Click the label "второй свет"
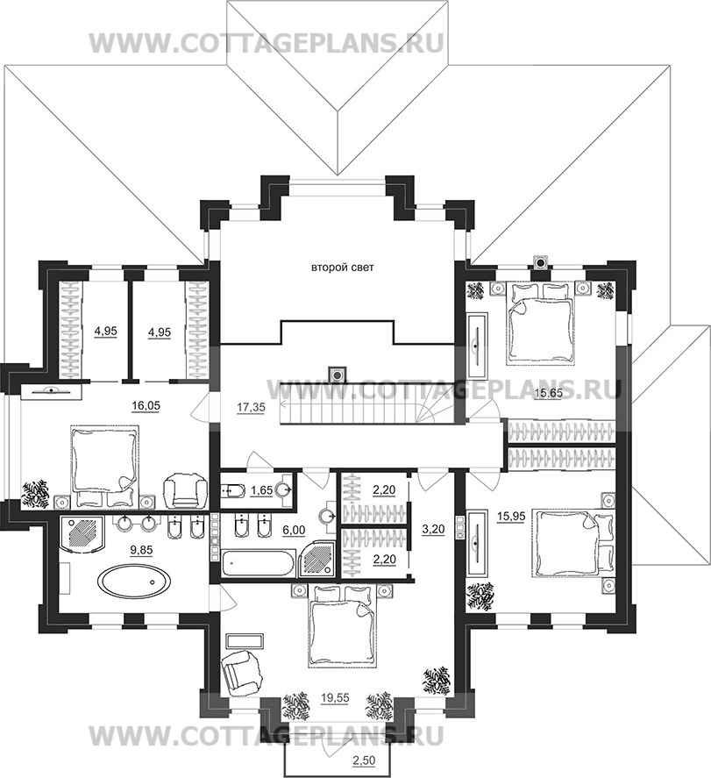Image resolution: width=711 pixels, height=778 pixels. [342, 268]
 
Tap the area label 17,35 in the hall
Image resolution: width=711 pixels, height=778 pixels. [251, 407]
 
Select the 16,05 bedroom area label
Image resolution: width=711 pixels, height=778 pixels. [146, 406]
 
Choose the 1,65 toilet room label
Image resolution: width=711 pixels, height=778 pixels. [261, 490]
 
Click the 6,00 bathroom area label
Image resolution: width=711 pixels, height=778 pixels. [294, 530]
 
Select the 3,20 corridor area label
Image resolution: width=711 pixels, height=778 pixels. [434, 529]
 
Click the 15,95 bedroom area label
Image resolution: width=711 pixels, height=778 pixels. [511, 517]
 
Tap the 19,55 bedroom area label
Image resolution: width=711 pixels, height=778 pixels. [335, 698]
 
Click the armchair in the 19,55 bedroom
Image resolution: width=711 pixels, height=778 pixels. [241, 669]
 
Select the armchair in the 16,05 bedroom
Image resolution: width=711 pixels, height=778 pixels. [185, 490]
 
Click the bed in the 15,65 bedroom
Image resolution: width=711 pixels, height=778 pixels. [542, 322]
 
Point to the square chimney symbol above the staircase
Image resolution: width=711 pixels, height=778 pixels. [338, 373]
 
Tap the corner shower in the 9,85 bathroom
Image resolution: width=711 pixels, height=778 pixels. [82, 534]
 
